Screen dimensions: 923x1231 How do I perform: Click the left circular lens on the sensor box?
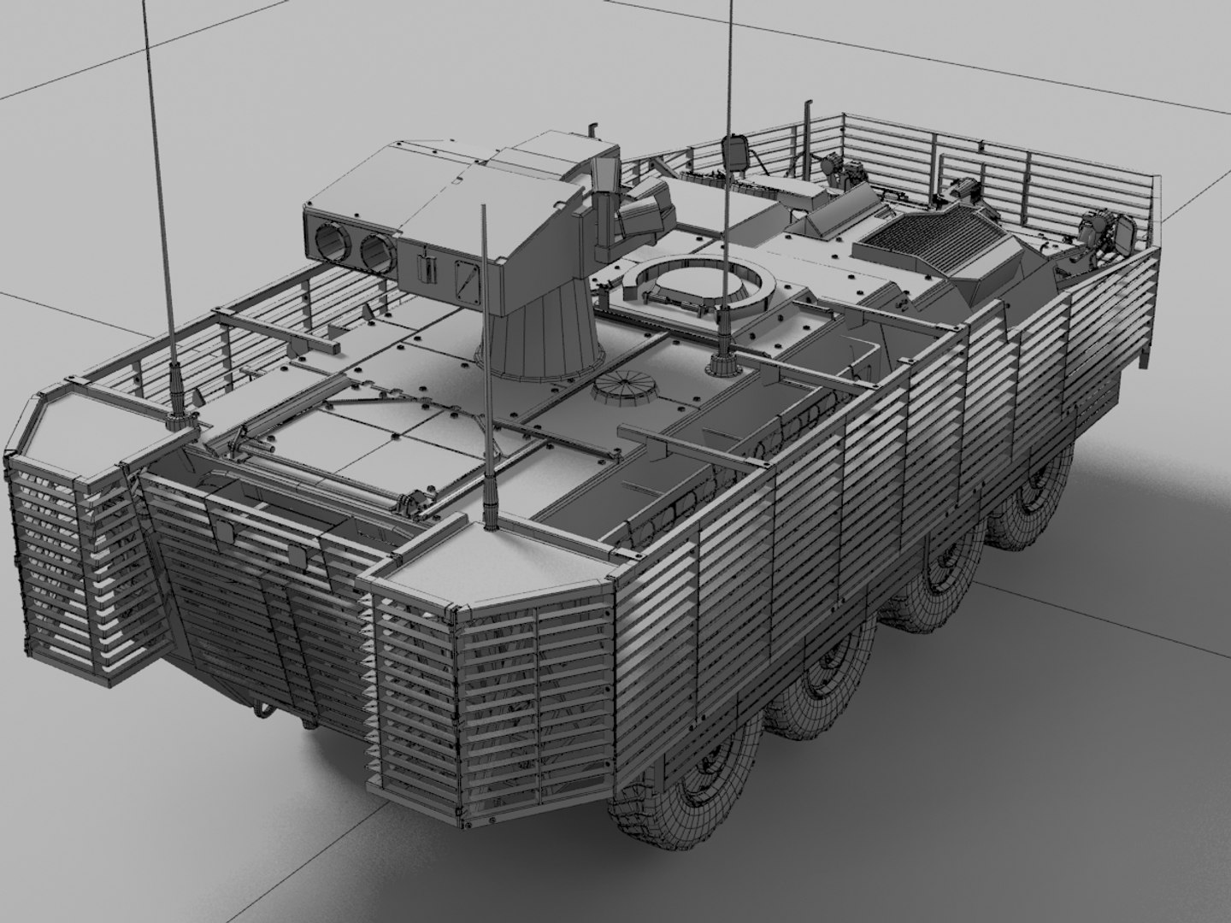point(330,244)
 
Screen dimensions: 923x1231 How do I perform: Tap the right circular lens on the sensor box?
point(373,250)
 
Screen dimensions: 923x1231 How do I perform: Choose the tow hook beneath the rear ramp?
point(256,709)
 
